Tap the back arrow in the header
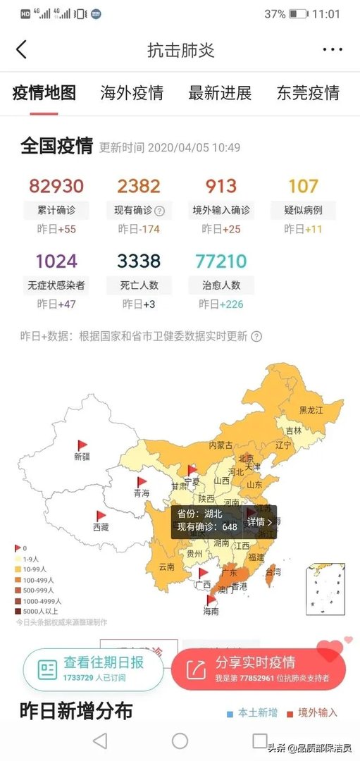[x=21, y=49]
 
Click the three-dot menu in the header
[x=332, y=49]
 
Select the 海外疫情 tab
[x=132, y=93]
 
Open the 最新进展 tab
[x=220, y=93]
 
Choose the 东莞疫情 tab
[x=308, y=93]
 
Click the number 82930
[x=56, y=186]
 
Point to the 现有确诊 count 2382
[x=139, y=186]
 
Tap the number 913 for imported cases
[x=221, y=186]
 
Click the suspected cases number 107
[x=303, y=186]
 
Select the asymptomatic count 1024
[x=56, y=261]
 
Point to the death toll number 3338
[x=139, y=261]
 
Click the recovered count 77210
[x=221, y=261]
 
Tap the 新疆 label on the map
[x=82, y=457]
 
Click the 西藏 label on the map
[x=101, y=527]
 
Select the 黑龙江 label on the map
[x=311, y=410]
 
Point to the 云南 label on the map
[x=166, y=567]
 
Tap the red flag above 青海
[x=142, y=482]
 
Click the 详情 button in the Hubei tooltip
[x=260, y=522]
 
